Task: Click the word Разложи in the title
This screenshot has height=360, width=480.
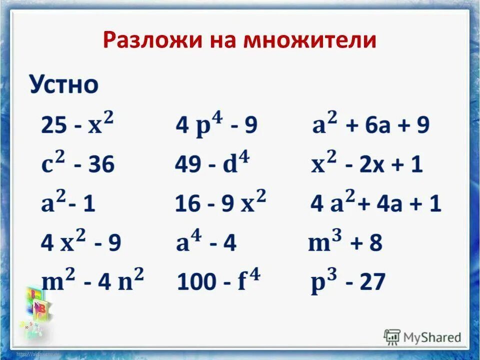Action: pos(145,40)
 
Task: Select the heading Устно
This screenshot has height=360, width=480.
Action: pos(63,85)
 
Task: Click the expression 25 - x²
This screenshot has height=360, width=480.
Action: pos(77,124)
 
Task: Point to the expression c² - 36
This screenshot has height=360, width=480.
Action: pos(78,163)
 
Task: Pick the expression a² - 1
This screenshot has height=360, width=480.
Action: pos(68,203)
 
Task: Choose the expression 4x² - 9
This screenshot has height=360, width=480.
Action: pos(81,242)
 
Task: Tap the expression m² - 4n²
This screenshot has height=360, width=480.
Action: pos(92,282)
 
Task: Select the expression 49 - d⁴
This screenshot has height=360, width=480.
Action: pos(213,163)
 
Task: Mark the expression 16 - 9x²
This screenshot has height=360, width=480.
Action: pos(220,203)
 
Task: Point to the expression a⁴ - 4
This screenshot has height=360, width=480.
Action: pos(206,243)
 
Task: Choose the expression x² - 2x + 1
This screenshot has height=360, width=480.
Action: pos(367,164)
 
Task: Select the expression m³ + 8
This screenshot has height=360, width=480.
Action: pos(345,243)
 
